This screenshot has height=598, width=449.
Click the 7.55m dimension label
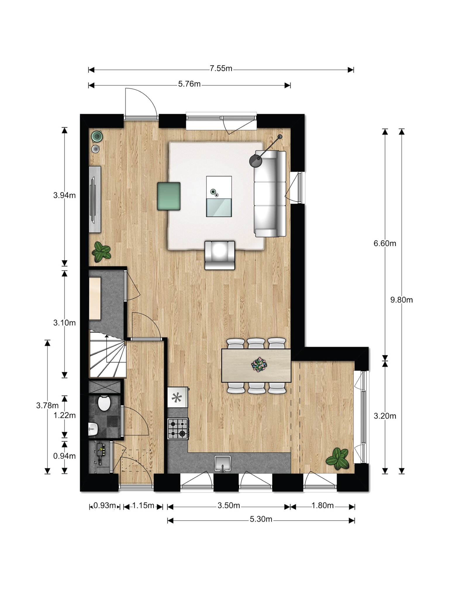point(221,69)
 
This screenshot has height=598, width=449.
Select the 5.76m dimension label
point(189,84)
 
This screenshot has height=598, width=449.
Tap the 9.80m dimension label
point(402,300)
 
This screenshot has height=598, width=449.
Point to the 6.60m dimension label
point(385,243)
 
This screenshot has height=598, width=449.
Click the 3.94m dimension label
point(64,195)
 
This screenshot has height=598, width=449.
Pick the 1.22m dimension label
point(64,415)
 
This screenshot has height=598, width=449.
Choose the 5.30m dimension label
point(261,519)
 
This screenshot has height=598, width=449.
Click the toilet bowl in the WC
point(104,403)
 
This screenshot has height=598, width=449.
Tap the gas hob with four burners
point(178,429)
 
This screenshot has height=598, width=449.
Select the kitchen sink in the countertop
point(222,463)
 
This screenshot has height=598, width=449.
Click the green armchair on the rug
point(169,196)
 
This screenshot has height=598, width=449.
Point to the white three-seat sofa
point(270,194)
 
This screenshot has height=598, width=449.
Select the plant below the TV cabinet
point(101,252)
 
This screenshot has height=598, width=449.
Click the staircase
point(108,354)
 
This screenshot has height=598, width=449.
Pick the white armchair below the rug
point(220,255)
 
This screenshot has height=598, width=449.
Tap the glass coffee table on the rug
point(219,196)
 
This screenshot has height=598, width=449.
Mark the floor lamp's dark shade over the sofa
point(255,160)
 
